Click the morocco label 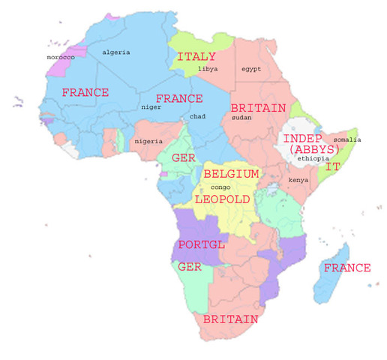(61, 57)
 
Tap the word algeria (116, 52)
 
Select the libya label (208, 69)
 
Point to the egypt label (251, 69)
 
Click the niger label (151, 107)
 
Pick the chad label (198, 117)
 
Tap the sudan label (242, 118)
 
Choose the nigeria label (148, 141)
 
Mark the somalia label (347, 140)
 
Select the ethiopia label (313, 159)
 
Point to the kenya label (298, 181)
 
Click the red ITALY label (196, 57)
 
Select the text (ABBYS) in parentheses (313, 150)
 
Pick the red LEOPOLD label (221, 199)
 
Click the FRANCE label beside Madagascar (346, 268)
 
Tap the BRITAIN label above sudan (258, 108)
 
